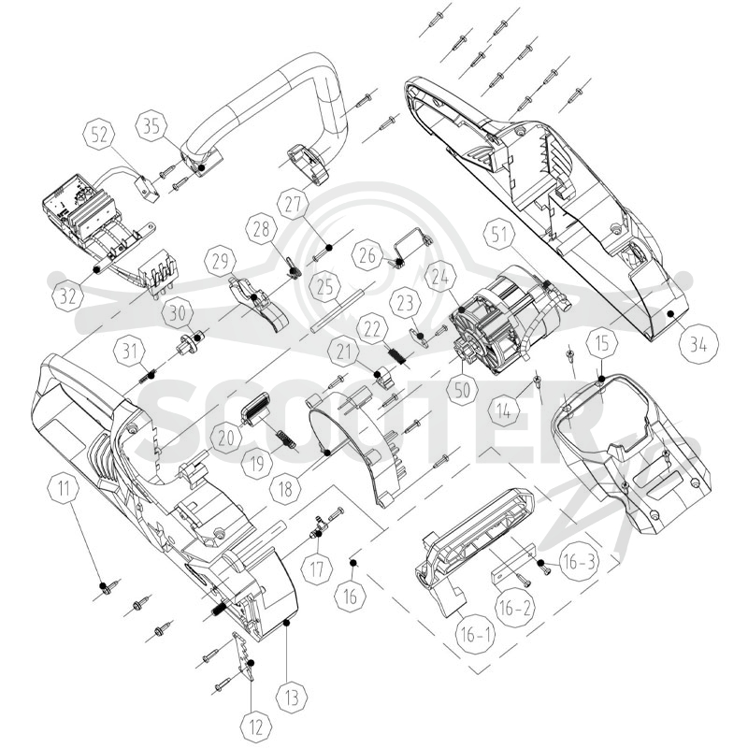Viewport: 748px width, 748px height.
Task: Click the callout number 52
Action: click(x=99, y=135)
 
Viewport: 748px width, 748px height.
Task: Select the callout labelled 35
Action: click(x=151, y=126)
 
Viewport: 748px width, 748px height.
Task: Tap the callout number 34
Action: click(x=698, y=344)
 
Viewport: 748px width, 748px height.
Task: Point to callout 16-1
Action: click(x=476, y=635)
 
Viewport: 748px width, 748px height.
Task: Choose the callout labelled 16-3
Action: click(x=579, y=563)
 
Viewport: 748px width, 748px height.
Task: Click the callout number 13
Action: click(x=292, y=697)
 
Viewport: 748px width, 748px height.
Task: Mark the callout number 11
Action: click(x=64, y=488)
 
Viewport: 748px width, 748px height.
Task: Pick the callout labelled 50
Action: click(x=462, y=390)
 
